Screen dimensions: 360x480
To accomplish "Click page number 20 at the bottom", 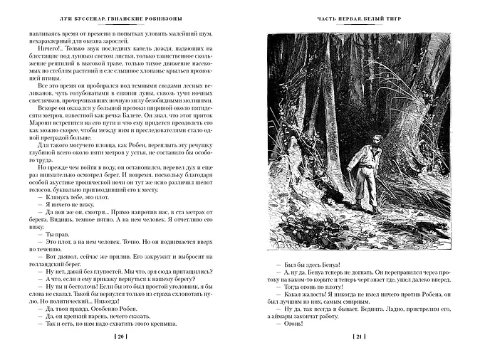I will pyautogui.click(x=120, y=336).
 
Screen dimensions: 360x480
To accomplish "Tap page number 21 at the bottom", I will pyautogui.click(x=360, y=336).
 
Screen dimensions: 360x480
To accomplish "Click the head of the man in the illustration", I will pyautogui.click(x=377, y=139).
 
